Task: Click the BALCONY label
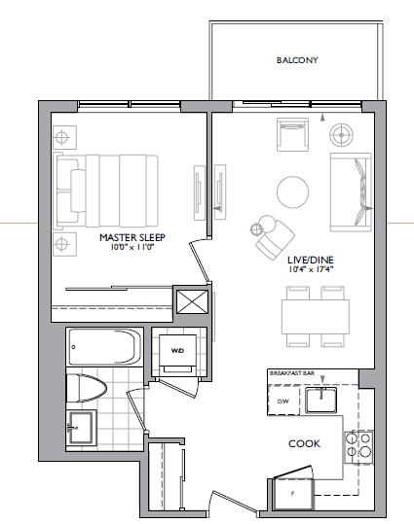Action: point(297,60)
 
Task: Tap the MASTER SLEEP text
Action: point(130,237)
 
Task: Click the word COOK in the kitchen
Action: point(305,444)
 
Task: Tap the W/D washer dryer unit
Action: point(178,352)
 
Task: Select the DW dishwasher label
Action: point(283,401)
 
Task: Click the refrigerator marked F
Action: point(293,494)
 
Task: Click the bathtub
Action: point(104,346)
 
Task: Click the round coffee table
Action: point(291,191)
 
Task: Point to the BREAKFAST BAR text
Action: point(290,373)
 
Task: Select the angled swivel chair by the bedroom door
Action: point(274,234)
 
